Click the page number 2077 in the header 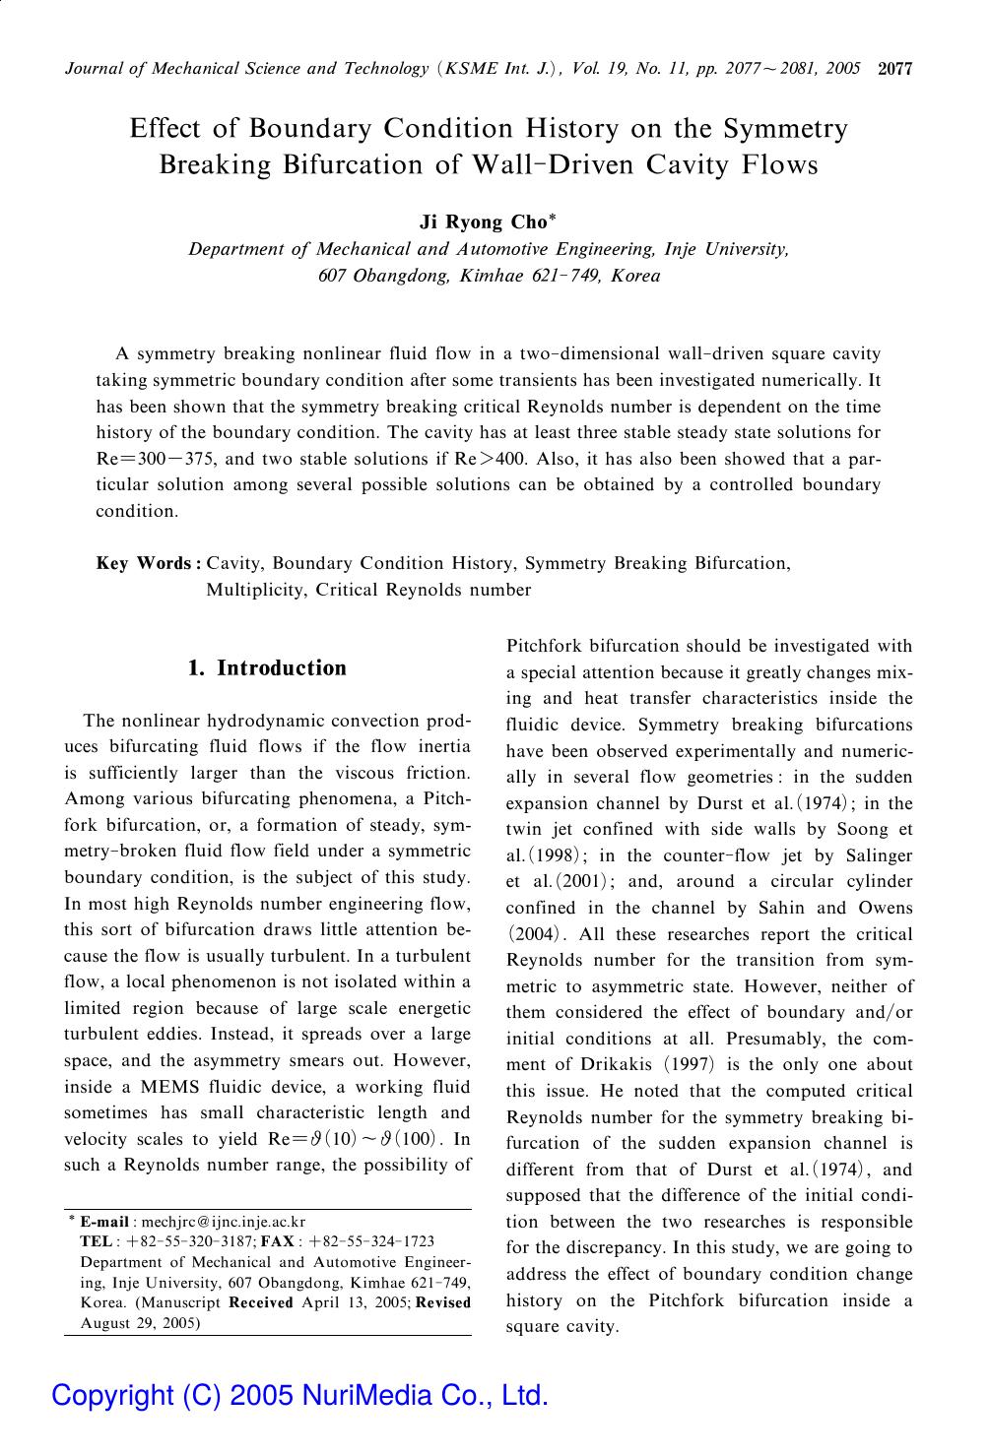tap(895, 69)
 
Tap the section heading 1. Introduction tap(267, 668)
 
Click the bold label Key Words tap(144, 564)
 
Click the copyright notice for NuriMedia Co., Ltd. tap(299, 1395)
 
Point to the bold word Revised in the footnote tap(444, 1302)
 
